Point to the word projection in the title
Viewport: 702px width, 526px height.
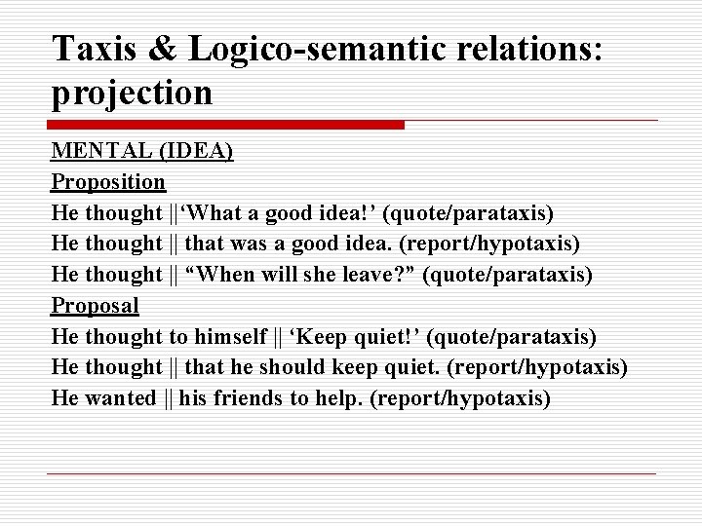coord(132,93)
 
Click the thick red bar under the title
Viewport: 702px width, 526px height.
coord(226,125)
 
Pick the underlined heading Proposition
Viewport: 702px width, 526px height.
coord(108,181)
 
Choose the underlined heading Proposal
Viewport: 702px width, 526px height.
coord(95,305)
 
